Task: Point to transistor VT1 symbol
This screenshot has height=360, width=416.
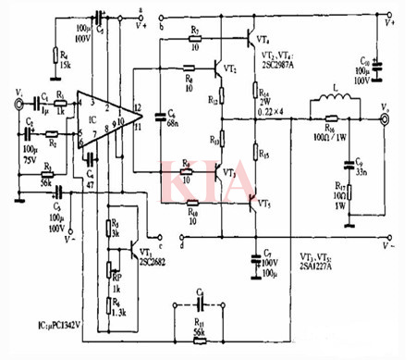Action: tap(137, 251)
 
